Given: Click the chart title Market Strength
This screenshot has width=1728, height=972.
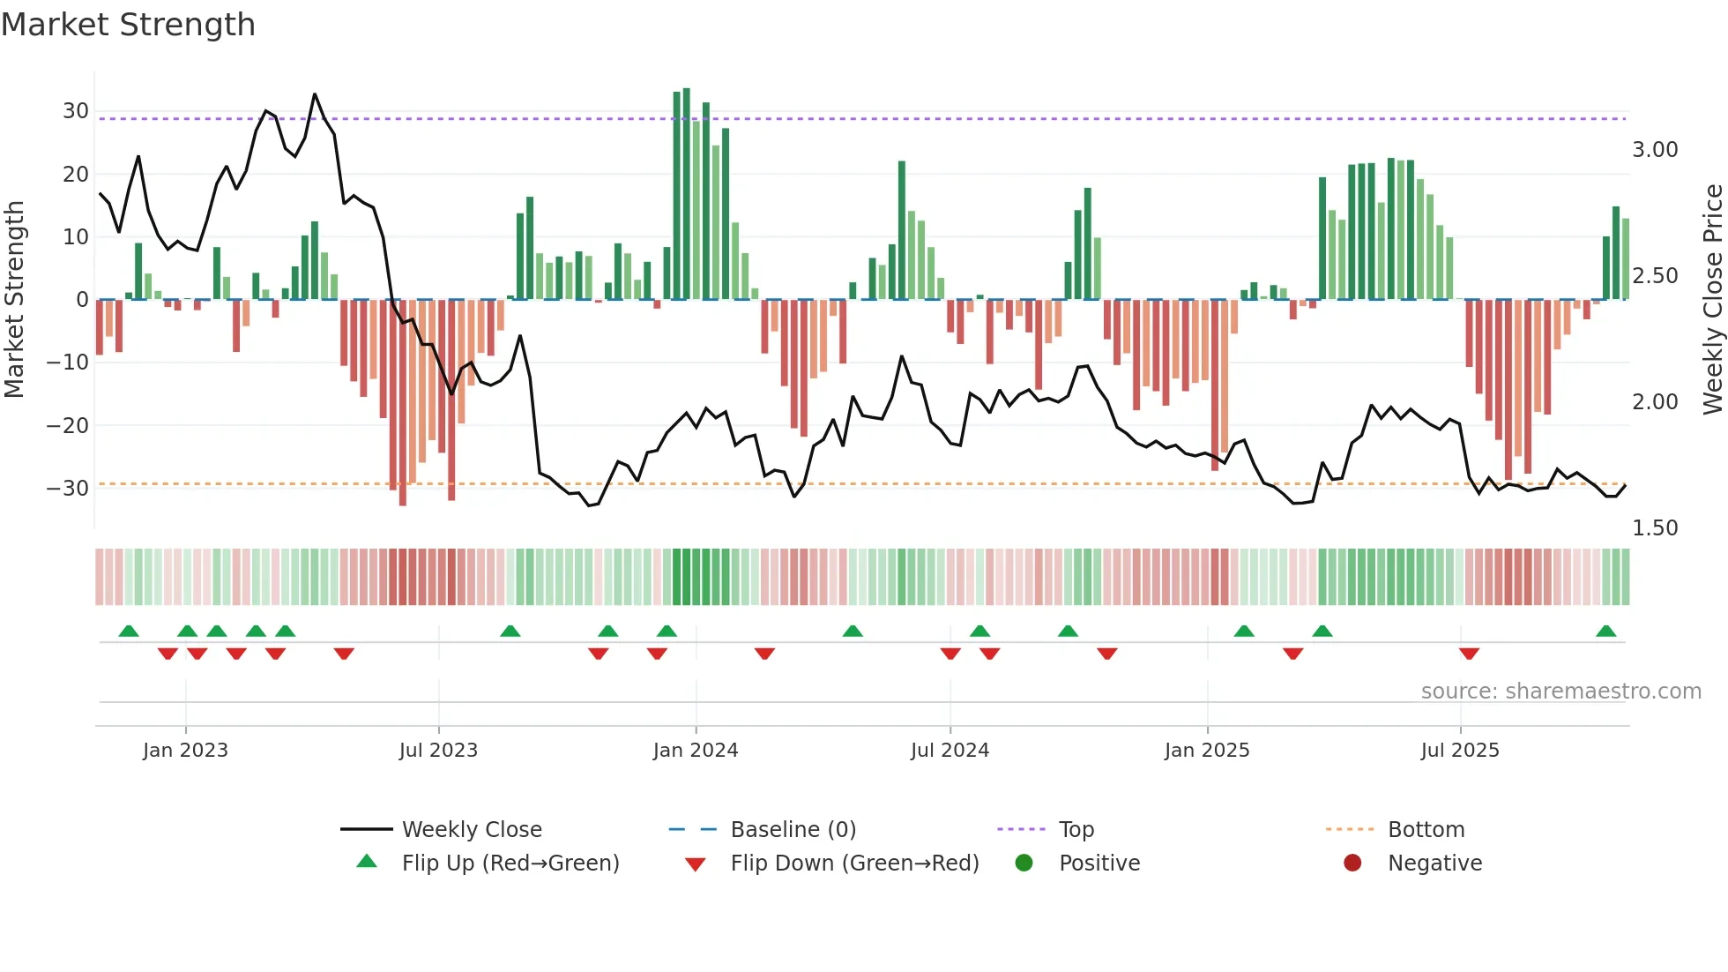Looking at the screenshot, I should (128, 25).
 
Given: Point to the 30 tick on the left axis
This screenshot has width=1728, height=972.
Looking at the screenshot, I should (76, 111).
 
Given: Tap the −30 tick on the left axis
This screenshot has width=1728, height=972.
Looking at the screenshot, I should (69, 488).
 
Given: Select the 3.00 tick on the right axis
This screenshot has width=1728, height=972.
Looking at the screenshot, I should (1655, 150).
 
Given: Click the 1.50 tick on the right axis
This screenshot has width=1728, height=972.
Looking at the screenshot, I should (1655, 527).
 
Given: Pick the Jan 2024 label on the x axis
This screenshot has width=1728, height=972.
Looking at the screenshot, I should (696, 751).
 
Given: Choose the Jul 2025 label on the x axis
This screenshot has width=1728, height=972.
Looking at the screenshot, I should (1460, 751).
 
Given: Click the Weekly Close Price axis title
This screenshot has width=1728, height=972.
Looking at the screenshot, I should (1712, 299).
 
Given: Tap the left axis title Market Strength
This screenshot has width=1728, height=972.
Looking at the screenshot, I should (15, 299).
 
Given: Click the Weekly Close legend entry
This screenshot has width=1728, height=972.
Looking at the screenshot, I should (472, 830).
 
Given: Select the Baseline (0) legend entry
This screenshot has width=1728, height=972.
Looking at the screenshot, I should (793, 830).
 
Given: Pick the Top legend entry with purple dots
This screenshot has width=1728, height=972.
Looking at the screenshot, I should (1076, 830).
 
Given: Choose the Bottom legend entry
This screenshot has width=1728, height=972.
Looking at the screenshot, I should (1426, 830).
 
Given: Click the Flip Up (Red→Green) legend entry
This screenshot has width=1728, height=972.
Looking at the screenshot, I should (510, 864).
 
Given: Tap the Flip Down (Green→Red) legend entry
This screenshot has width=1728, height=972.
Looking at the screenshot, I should (854, 864).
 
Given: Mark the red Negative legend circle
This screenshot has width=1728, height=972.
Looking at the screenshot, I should (1352, 863).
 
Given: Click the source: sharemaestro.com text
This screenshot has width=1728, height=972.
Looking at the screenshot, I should (1560, 692).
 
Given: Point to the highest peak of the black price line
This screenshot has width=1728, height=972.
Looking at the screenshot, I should (315, 94).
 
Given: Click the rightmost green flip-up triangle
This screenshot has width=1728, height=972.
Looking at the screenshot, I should (1605, 632).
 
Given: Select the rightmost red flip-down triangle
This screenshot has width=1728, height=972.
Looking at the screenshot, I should (1469, 654).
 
